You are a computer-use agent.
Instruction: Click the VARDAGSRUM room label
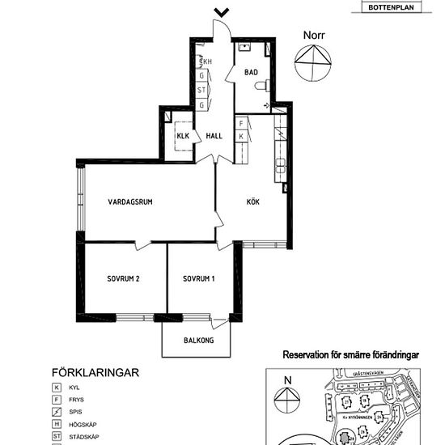click(x=131, y=201)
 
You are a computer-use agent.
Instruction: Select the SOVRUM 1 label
click(x=199, y=280)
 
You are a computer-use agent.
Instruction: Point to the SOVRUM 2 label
click(x=124, y=280)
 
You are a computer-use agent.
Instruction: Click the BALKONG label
click(x=198, y=341)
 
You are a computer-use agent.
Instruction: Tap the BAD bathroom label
click(x=251, y=72)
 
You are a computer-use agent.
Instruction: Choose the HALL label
click(x=214, y=136)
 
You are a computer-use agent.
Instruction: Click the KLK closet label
click(x=183, y=136)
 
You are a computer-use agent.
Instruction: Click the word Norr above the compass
click(x=314, y=35)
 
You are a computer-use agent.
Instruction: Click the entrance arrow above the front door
click(x=221, y=12)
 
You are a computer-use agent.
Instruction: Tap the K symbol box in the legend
click(x=57, y=388)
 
